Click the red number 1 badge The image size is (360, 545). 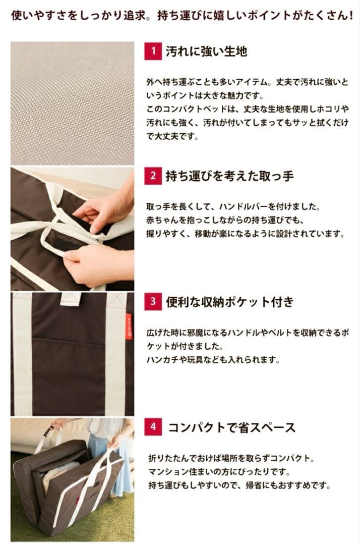coord(153,51)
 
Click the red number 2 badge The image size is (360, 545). coord(153,176)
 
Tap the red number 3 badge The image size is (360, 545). coord(153,301)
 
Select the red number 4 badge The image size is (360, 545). coord(153,426)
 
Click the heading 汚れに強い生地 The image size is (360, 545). coord(206,51)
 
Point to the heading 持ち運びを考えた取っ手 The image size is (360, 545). coord(229,176)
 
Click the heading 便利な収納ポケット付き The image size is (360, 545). coord(229,301)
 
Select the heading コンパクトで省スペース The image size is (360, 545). coord(231,427)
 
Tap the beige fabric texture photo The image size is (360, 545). coord(72,103)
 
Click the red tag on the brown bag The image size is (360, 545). coord(129,326)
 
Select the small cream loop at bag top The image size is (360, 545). coord(71,299)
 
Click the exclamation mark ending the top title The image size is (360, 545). coord(350,16)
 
